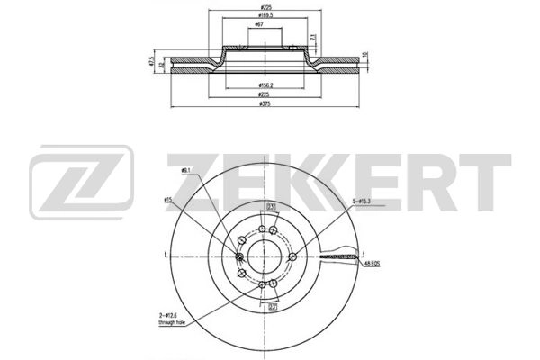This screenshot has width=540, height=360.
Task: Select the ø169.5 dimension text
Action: coord(265,15)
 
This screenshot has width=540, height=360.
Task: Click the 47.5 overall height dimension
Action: coord(152,62)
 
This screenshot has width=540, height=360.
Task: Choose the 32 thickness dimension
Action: coord(162,65)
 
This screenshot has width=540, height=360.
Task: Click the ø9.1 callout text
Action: coord(186,169)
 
